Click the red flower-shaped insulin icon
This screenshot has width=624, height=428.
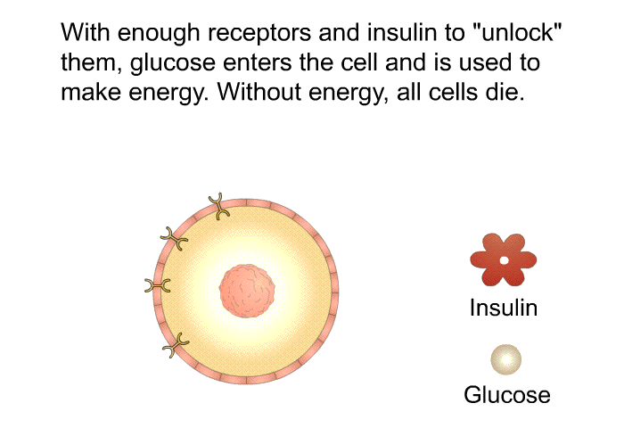click(503, 259)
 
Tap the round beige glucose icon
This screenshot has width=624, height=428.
click(505, 359)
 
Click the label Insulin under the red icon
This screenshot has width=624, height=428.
click(504, 309)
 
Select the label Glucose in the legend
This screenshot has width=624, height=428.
click(506, 394)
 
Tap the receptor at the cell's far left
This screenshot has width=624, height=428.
click(158, 285)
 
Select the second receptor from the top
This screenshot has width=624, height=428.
click(175, 238)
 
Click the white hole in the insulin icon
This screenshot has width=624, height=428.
click(503, 260)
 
